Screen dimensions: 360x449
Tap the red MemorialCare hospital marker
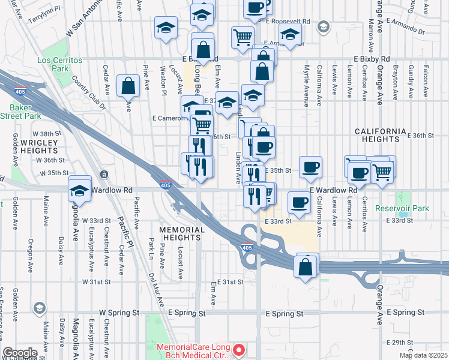pos(240,349)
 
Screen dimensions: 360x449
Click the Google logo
pos(20,353)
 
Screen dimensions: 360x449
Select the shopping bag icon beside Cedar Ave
pos(128,86)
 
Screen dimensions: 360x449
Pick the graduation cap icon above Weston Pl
pos(166,28)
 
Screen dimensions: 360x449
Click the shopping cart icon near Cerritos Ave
pos(382,170)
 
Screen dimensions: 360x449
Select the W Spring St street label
pos(119,313)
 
